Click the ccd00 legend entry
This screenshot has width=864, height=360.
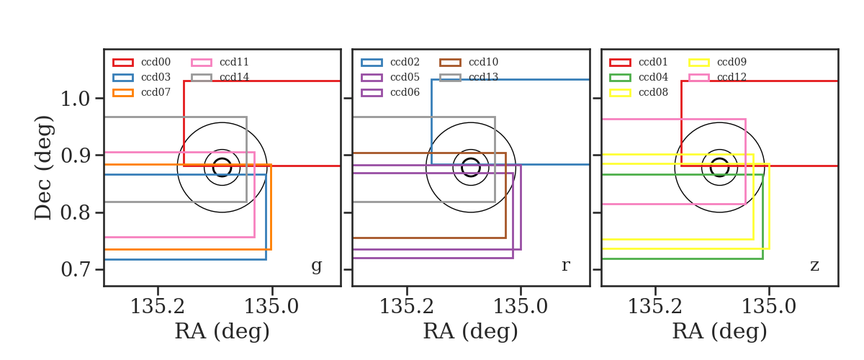point(142,62)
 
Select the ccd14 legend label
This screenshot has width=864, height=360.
point(234,77)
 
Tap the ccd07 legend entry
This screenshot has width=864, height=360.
point(142,92)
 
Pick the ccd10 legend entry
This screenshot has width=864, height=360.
point(469,62)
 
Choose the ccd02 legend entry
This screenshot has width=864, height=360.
point(390,62)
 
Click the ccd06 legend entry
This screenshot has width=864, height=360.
point(390,92)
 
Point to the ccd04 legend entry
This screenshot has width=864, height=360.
point(639,77)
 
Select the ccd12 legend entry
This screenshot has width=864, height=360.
point(717,77)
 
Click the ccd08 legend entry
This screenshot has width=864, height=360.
point(639,92)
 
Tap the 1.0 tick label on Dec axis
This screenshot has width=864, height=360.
point(76,99)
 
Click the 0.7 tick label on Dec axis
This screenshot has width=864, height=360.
point(76,270)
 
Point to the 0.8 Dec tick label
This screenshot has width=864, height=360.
point(76,212)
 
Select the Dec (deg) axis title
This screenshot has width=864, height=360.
point(43,168)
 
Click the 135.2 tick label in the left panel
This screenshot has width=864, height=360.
point(158,307)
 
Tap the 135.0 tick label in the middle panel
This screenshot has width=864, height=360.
point(521,307)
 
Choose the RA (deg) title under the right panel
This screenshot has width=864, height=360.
point(720,332)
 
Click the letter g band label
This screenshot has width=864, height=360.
point(317,266)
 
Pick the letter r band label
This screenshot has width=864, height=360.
point(566,265)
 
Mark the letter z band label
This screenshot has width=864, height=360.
point(814,266)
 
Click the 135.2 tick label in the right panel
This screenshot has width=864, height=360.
point(655,307)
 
